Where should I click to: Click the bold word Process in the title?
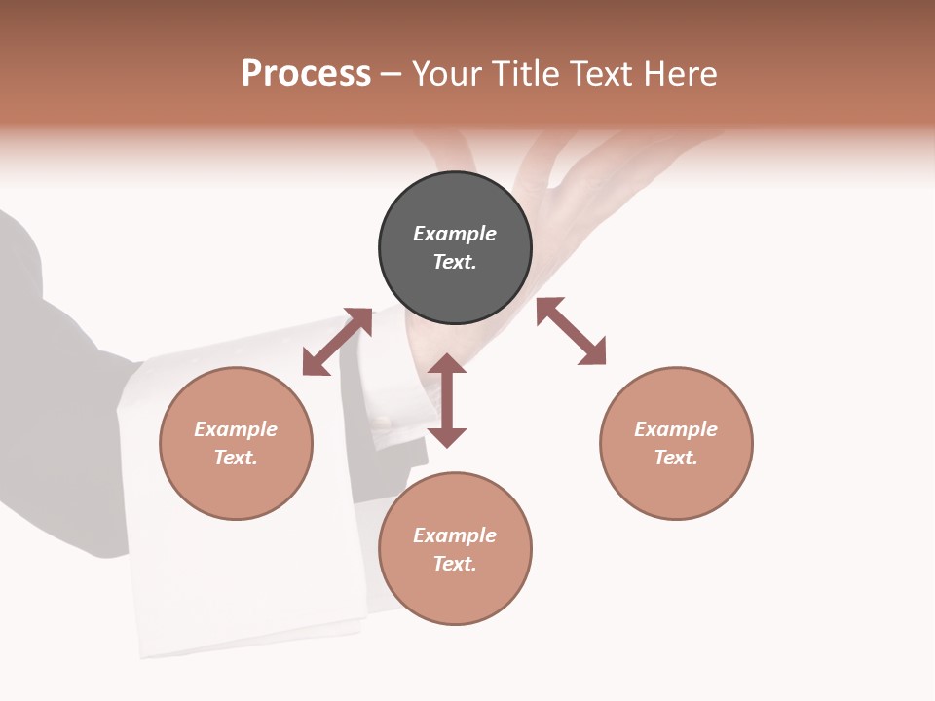pos(306,74)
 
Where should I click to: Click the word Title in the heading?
pos(524,74)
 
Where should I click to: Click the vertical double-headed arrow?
pos(447,401)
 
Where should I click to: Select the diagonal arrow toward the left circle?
pos(337,342)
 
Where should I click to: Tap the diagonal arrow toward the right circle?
pos(571,331)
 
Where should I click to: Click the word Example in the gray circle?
pos(455,234)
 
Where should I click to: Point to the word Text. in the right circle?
pos(676,458)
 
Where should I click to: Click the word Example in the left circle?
pos(236,429)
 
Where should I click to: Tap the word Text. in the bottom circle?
pos(455,564)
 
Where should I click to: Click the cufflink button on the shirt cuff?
pos(383,424)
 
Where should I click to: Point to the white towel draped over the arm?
pos(243,584)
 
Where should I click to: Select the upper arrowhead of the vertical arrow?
pos(447,364)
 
